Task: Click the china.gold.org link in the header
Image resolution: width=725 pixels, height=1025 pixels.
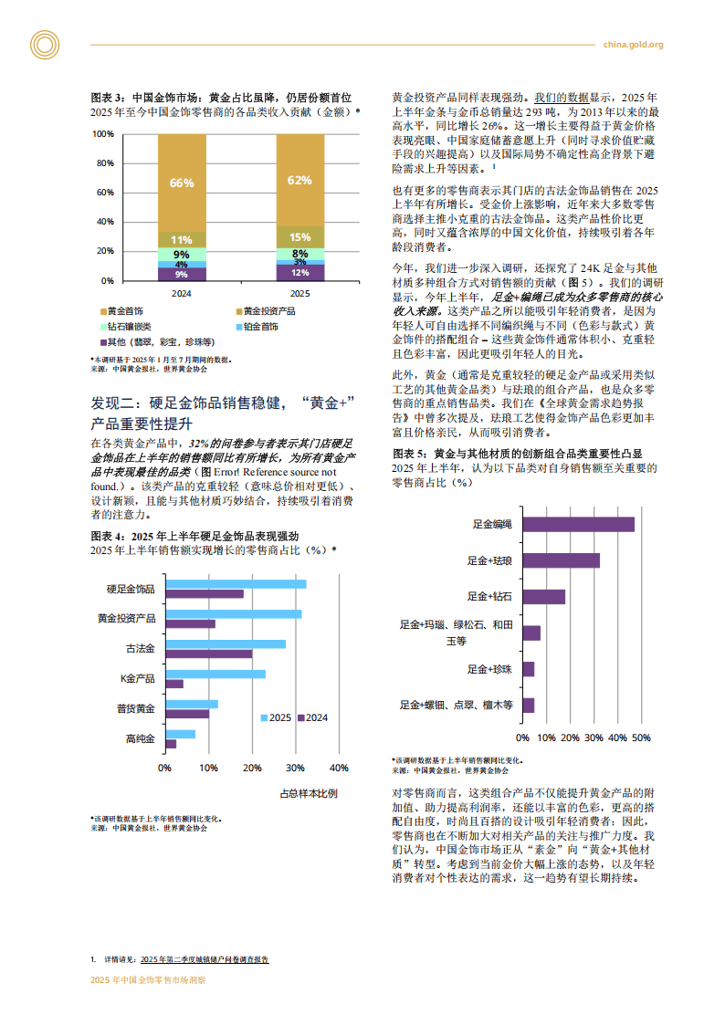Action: coord(634,45)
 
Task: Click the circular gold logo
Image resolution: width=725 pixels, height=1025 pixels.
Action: coord(43,45)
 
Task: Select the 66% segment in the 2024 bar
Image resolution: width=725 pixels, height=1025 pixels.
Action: coord(182,182)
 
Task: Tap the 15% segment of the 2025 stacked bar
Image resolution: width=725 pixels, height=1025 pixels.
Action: coord(299,237)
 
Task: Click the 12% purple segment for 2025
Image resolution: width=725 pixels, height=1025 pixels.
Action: coord(299,272)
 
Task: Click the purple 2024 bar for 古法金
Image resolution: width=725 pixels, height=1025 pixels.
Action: coord(208,654)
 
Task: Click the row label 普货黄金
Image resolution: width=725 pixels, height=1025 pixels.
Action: coord(135,708)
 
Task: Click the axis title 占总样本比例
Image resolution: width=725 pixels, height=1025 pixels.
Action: coord(308,793)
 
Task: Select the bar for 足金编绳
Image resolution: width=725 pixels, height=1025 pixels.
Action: coord(578,524)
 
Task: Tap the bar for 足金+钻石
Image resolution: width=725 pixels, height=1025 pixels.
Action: coord(543,596)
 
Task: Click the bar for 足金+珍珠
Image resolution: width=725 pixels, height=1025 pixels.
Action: coord(528,669)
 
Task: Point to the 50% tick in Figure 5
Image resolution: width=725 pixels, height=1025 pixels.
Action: coord(641,737)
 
